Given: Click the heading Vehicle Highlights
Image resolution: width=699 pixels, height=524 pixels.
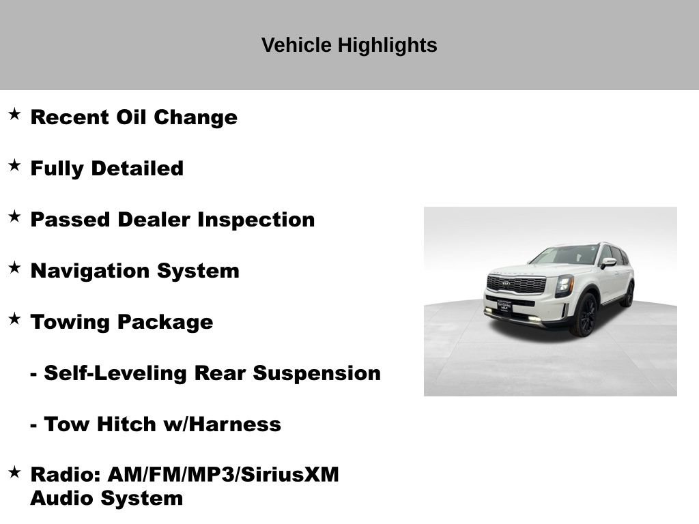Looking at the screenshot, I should pyautogui.click(x=349, y=45).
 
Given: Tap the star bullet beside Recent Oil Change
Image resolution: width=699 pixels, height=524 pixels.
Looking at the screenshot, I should pyautogui.click(x=14, y=114).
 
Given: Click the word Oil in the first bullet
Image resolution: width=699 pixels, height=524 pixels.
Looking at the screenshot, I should pyautogui.click(x=131, y=117).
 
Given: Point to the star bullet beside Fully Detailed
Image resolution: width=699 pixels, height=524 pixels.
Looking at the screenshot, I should pyautogui.click(x=14, y=165).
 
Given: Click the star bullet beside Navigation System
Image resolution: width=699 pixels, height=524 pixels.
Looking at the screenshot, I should pyautogui.click(x=14, y=267).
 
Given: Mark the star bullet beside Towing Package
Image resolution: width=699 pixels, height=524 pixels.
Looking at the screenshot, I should pyautogui.click(x=14, y=319).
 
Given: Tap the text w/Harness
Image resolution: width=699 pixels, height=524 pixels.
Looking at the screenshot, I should pyautogui.click(x=222, y=424).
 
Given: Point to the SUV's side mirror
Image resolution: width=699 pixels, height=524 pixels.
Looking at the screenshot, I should pyautogui.click(x=608, y=263).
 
